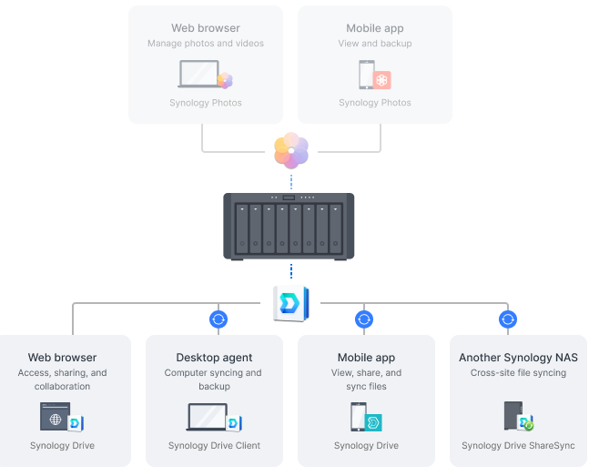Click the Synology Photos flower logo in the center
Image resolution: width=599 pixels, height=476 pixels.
coord(291,151)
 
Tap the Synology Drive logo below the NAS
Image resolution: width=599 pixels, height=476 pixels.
coord(291,304)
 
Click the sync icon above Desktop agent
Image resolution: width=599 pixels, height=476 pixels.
coord(218,319)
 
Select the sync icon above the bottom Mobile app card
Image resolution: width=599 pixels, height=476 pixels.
coord(363,319)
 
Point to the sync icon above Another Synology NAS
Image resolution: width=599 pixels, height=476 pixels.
coord(508,319)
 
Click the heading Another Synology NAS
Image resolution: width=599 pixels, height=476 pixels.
coord(518,358)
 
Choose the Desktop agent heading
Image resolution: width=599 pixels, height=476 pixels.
coord(214,358)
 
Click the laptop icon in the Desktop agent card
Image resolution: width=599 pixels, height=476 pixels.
coord(207,417)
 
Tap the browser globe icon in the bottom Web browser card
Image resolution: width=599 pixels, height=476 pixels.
coord(55,417)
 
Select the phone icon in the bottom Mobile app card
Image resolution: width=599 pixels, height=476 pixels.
coord(358,417)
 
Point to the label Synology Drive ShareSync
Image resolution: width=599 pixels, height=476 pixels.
coord(518,446)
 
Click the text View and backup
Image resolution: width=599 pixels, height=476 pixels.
coord(375,44)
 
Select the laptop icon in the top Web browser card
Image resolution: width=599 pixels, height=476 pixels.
coord(198,74)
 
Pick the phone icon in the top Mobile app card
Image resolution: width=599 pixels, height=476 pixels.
coord(367,74)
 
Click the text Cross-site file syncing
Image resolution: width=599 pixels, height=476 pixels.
coord(518,373)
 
